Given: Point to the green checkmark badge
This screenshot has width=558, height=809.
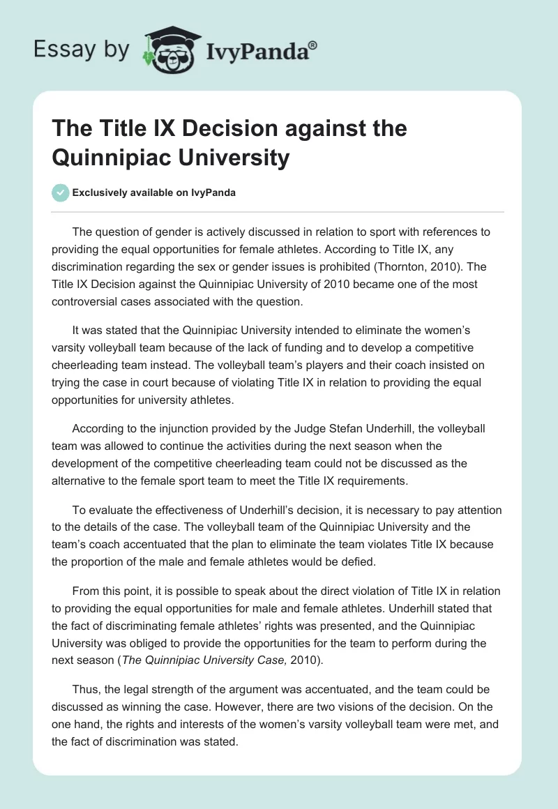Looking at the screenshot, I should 61,192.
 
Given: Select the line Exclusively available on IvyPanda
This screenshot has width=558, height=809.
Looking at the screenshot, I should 153,192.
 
